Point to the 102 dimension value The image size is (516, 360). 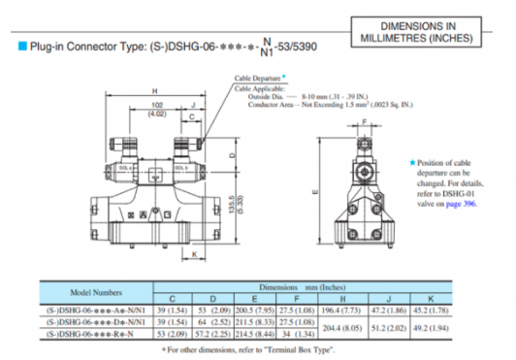(157, 105)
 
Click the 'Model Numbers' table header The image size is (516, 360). (96, 291)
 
